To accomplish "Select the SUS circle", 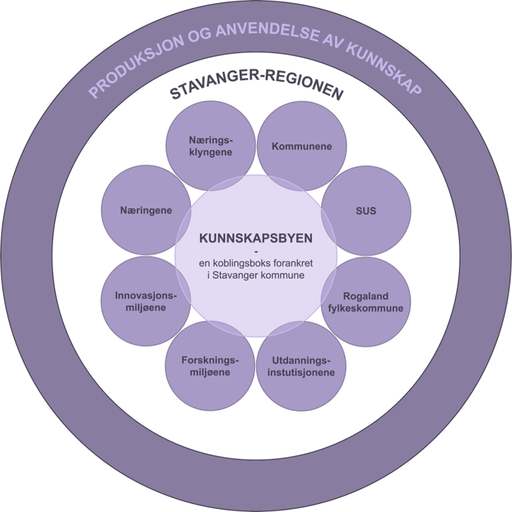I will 366,211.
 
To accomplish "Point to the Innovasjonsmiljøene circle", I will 145,302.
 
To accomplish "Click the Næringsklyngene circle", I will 210,147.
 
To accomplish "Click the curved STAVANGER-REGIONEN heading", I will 256,90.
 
